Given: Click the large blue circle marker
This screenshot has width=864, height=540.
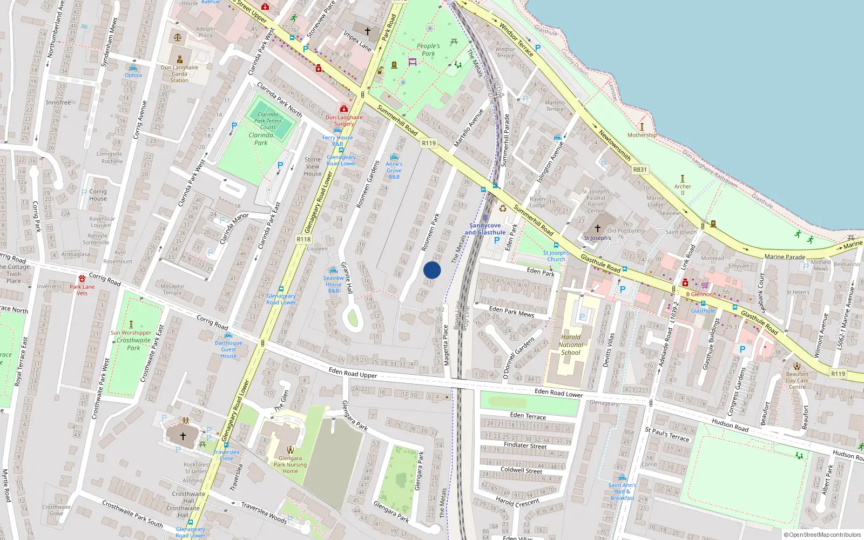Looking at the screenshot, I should tap(432, 270).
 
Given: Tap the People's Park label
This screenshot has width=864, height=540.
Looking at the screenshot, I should tap(428, 50).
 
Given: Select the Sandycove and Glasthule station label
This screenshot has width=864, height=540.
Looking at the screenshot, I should tap(485, 229).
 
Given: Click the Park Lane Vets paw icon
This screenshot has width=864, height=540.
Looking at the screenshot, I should tap(82, 279).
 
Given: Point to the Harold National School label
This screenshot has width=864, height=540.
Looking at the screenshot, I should tap(571, 345).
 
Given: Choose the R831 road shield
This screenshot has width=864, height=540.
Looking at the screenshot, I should tap(640, 170).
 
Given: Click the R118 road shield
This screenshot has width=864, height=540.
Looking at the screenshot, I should tap(303, 239).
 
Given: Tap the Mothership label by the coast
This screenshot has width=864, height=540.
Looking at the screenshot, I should tap(642, 135).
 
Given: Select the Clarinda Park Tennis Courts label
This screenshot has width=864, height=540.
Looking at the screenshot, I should tap(268, 121).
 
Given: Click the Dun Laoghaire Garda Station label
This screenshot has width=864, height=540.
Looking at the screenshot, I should tap(180, 74).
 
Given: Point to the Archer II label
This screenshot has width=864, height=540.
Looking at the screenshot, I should tap(683, 190).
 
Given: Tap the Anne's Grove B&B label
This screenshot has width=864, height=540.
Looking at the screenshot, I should tap(394, 170).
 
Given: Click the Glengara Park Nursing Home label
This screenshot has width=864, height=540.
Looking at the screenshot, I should tap(290, 464).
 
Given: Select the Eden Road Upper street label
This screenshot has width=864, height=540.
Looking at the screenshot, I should tap(353, 373).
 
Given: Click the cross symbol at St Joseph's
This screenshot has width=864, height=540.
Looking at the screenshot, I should tap(598, 228).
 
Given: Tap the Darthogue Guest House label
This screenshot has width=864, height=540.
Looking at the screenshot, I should tap(228, 349).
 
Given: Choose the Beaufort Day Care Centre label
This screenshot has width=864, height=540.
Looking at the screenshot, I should tap(797, 380).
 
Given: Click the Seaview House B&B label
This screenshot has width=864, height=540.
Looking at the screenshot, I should tap(334, 284).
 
